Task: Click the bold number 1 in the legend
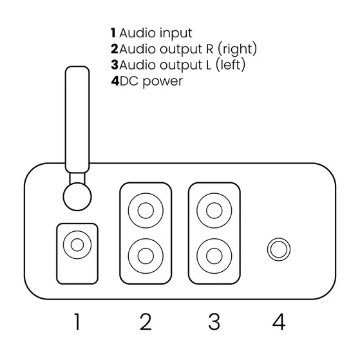[x=113, y=33]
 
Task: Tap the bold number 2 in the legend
[x=115, y=49]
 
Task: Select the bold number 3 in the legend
[x=115, y=65]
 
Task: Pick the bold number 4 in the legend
[x=115, y=81]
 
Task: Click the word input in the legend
[x=176, y=33]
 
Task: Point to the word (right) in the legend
[x=237, y=49]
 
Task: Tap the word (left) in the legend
[x=231, y=65]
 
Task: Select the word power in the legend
[x=162, y=82]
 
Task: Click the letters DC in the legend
[x=129, y=81]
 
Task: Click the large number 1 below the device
[x=77, y=321]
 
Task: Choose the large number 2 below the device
[x=146, y=321]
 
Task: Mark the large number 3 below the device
[x=214, y=321]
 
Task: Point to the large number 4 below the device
[x=279, y=321]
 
